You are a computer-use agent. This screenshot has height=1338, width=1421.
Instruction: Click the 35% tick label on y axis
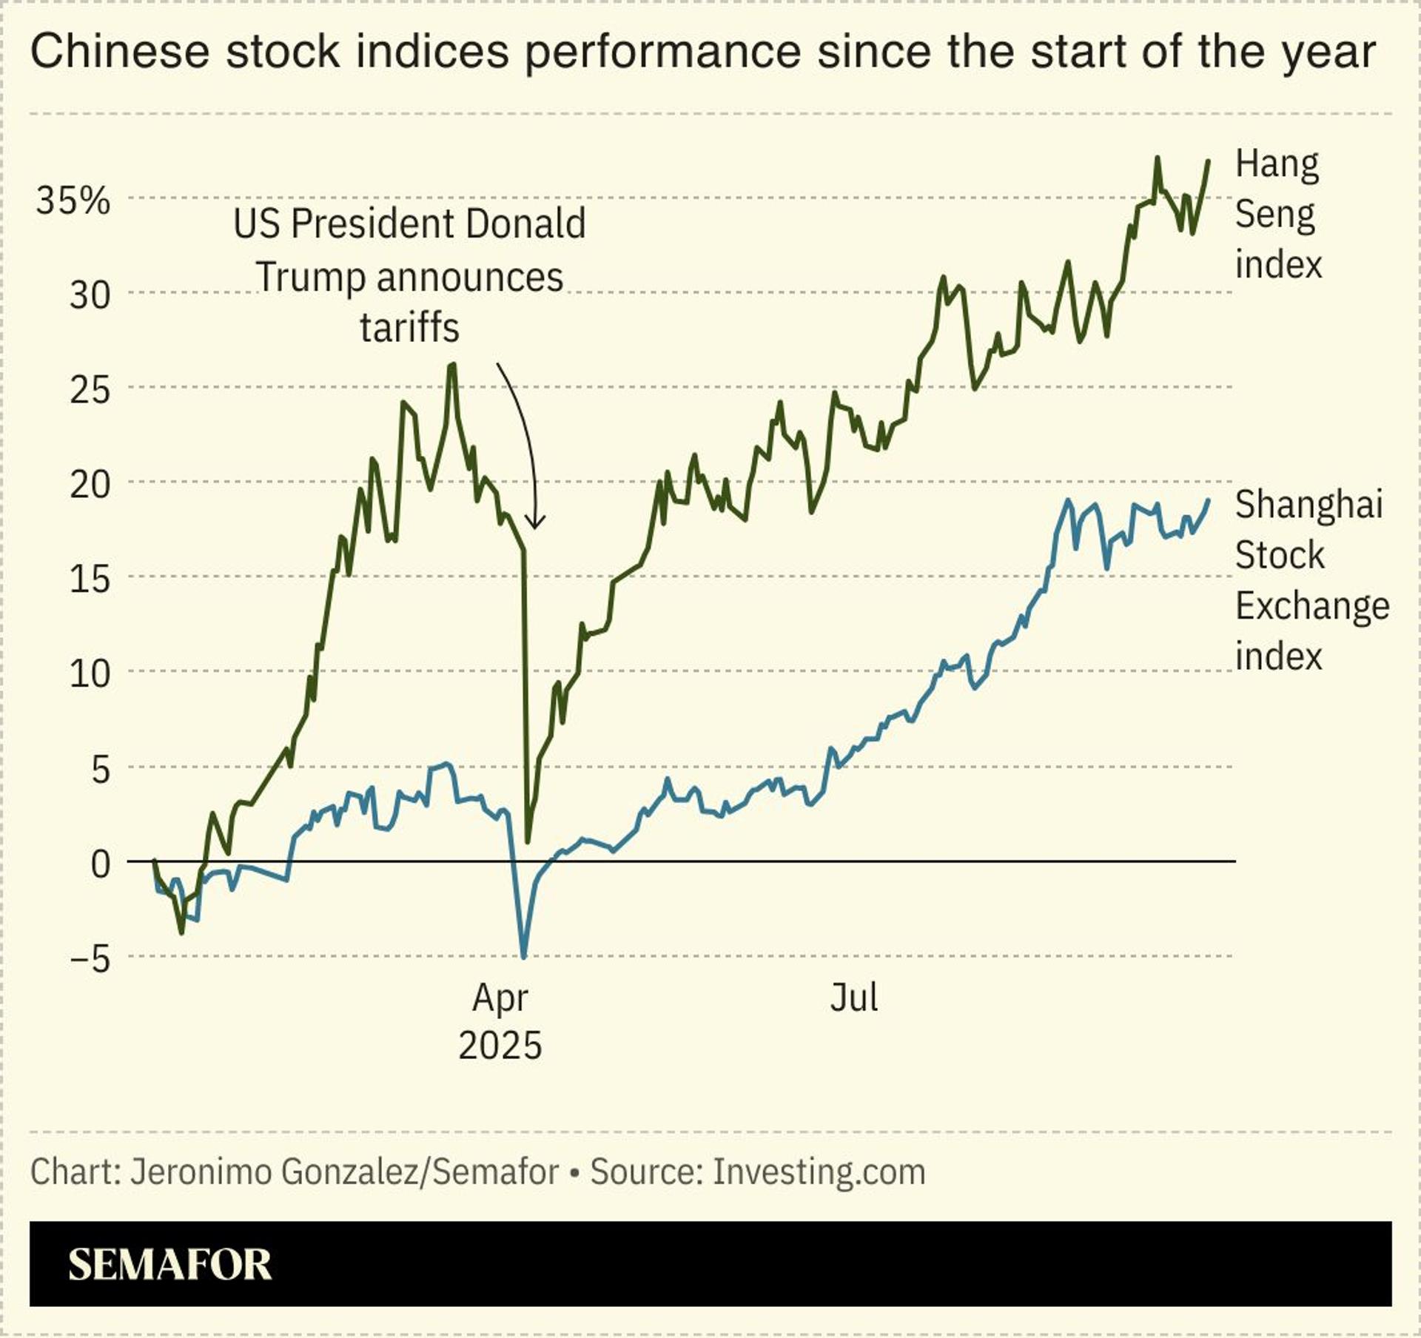[73, 201]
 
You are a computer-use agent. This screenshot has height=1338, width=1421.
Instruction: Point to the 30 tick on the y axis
[90, 295]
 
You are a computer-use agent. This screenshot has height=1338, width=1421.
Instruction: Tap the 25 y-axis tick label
[90, 390]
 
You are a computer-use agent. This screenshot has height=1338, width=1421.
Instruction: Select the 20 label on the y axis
[90, 485]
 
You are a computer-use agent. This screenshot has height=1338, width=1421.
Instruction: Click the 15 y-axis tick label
[90, 579]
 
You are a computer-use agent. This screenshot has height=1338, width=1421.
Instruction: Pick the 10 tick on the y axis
[90, 673]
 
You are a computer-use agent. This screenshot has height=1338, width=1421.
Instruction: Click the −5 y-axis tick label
[90, 959]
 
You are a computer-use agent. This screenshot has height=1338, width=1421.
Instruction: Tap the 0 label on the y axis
[100, 864]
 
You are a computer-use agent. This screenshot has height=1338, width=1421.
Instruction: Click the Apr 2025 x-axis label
[500, 1021]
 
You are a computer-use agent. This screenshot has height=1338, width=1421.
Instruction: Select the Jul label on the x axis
[853, 998]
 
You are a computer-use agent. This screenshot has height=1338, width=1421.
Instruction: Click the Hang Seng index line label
[1277, 214]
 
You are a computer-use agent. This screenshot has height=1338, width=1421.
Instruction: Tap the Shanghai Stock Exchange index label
[1311, 580]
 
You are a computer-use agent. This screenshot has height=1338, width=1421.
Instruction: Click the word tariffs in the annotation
[409, 327]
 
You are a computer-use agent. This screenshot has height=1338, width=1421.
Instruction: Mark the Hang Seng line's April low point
[528, 841]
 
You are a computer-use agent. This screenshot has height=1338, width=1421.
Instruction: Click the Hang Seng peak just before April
[452, 364]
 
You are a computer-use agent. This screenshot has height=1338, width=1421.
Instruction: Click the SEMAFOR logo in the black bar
[169, 1265]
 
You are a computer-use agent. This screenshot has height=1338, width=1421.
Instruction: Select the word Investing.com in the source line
[819, 1171]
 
